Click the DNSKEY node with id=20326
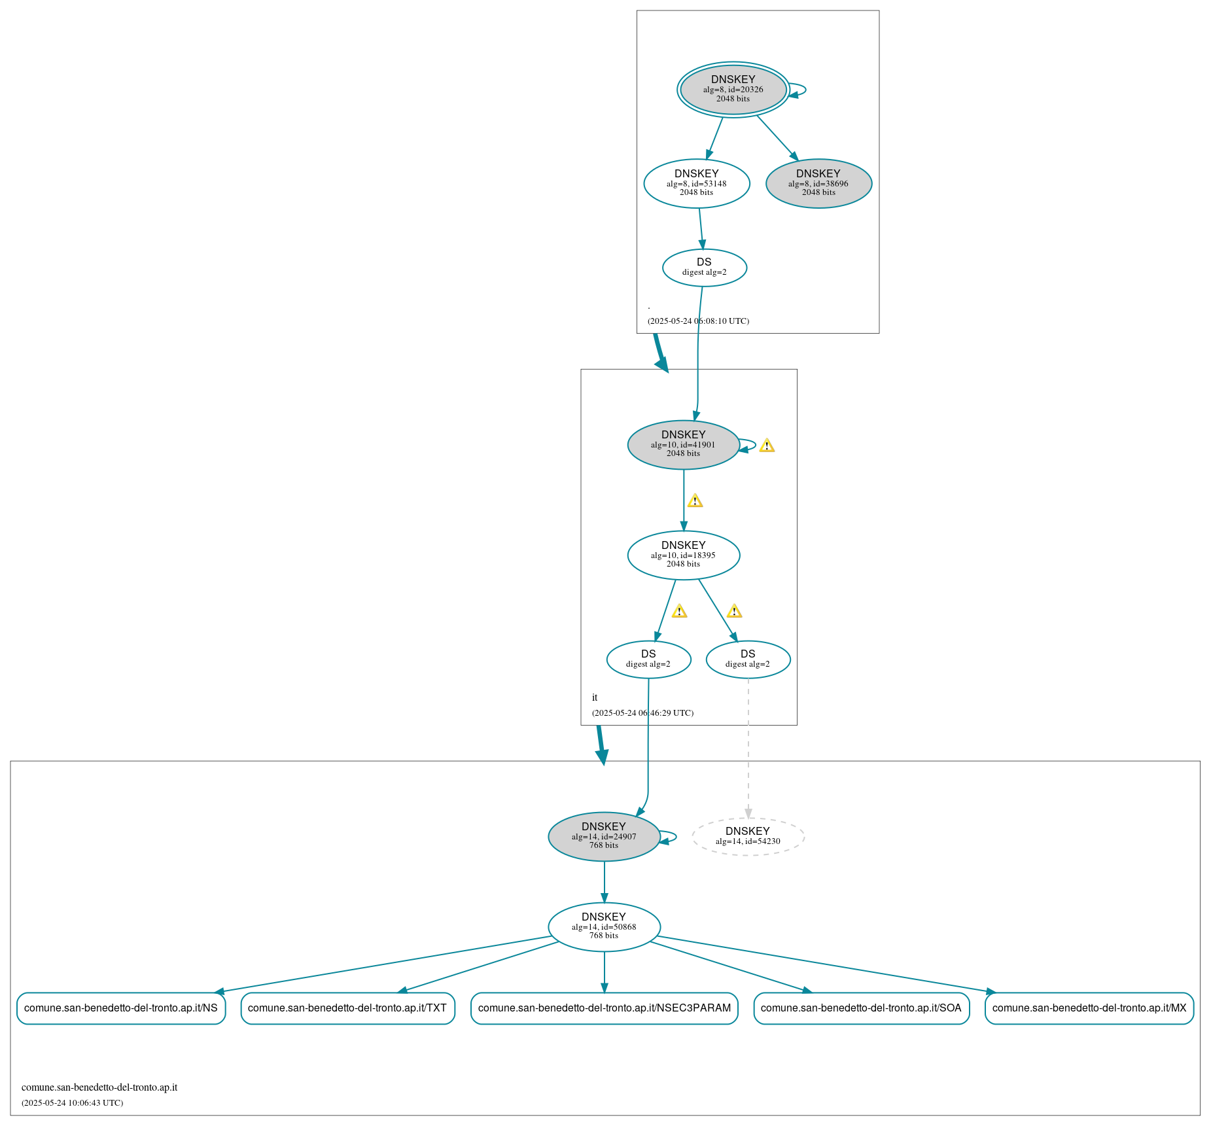[x=733, y=90]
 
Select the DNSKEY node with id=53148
[x=696, y=184]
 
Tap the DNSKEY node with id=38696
[x=818, y=184]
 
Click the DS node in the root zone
[x=704, y=268]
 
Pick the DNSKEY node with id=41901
[x=683, y=445]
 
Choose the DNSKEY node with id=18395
[x=683, y=555]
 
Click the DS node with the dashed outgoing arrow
[x=748, y=660]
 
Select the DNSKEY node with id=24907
[x=603, y=837]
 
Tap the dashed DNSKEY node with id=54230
[x=748, y=837]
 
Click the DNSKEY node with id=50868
[x=603, y=927]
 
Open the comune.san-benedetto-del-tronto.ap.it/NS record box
[x=121, y=1008]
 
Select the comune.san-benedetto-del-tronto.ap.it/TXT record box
[x=347, y=1008]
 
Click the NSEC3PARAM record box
[x=604, y=1008]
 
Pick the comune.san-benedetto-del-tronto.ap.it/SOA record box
[x=861, y=1008]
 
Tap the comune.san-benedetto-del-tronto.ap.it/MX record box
[x=1089, y=1008]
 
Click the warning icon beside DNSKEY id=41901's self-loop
[x=767, y=446]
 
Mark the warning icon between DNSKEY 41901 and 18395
[x=695, y=501]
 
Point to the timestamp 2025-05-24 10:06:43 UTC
[x=73, y=1103]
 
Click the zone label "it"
[x=595, y=697]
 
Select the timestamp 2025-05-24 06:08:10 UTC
[x=698, y=321]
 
